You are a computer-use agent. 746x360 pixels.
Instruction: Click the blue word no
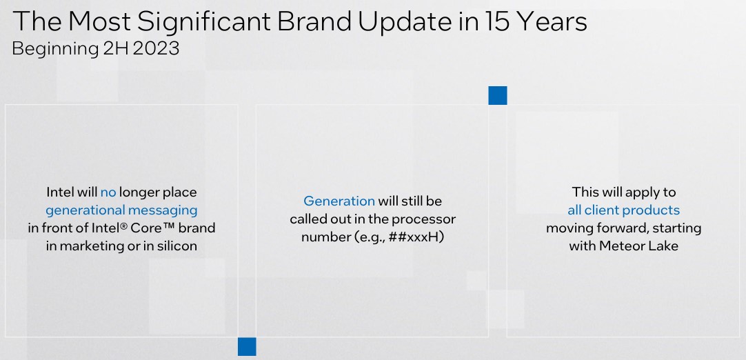pos(108,192)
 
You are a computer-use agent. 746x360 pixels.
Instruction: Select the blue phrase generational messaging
pos(121,210)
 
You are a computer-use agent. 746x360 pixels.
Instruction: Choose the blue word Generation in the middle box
pos(339,201)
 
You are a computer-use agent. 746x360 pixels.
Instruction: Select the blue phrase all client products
pos(623,210)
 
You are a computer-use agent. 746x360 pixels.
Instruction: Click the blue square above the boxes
pos(497,95)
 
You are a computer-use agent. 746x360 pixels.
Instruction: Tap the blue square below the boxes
pos(247,346)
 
